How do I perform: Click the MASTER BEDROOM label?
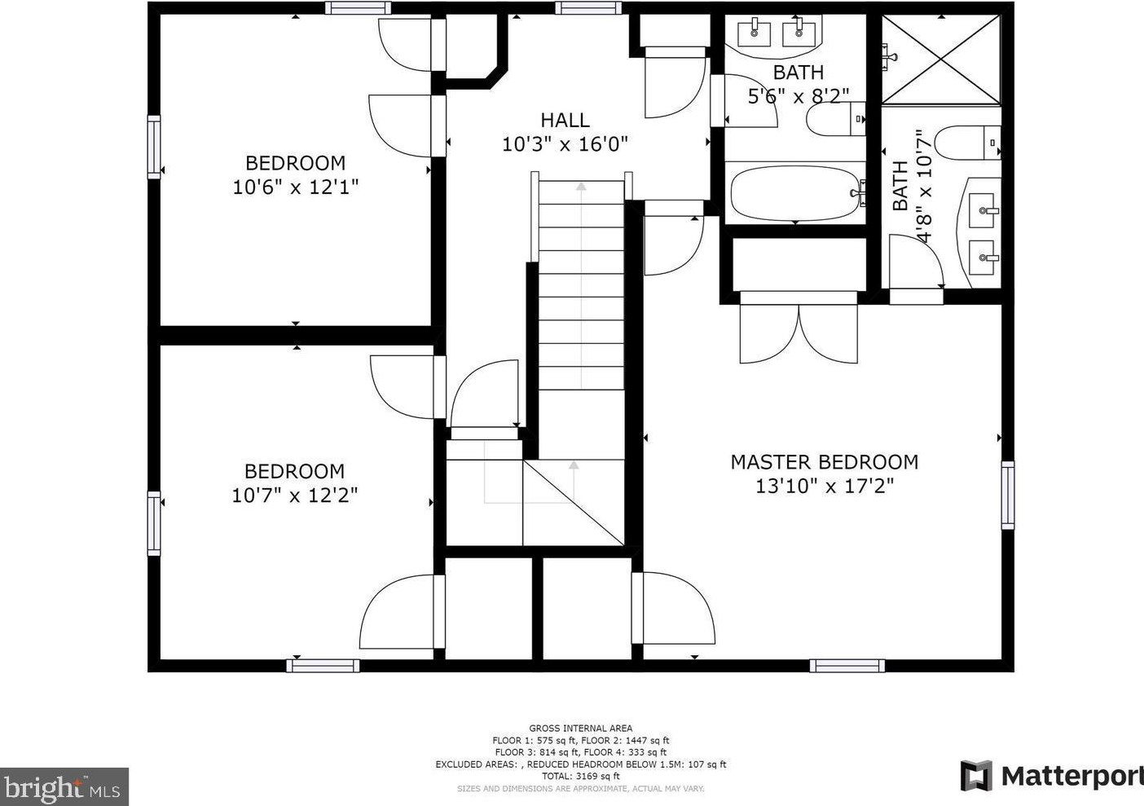(x=824, y=462)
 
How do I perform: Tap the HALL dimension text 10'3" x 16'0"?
(x=565, y=144)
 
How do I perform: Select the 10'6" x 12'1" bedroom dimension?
(x=295, y=187)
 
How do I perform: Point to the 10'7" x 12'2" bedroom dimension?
(x=294, y=495)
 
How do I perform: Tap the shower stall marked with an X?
(x=941, y=59)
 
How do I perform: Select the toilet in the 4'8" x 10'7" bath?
(x=966, y=143)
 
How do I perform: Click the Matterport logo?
(x=1051, y=776)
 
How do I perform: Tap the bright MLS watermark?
(x=64, y=787)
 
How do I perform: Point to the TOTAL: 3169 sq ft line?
(x=580, y=777)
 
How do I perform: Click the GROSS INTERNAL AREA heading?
(x=580, y=729)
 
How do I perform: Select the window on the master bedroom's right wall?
(x=1008, y=495)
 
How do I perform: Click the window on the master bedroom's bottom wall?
(x=847, y=666)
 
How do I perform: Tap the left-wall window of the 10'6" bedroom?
(x=153, y=147)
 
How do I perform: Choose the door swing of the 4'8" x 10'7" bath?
(x=916, y=262)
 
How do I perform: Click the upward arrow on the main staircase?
(x=581, y=187)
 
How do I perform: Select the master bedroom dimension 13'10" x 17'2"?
(x=824, y=487)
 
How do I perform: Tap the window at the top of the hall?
(x=583, y=8)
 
